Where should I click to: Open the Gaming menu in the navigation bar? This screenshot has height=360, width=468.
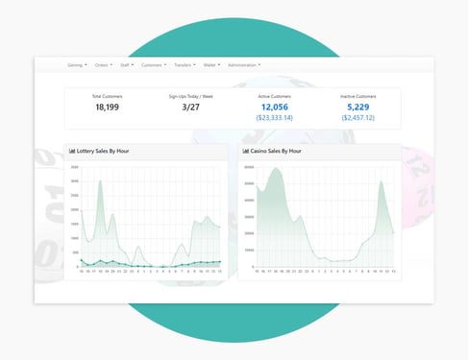point(77,65)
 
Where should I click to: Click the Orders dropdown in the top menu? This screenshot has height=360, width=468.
point(103,65)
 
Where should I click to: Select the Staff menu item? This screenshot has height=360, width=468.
point(127,65)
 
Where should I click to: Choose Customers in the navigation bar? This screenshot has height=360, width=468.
point(153,65)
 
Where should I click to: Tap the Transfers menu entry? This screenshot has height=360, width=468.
point(184,65)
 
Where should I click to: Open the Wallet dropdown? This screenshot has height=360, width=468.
point(210,65)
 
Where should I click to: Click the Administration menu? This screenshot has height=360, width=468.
point(244,65)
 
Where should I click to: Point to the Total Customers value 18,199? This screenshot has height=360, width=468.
point(108,108)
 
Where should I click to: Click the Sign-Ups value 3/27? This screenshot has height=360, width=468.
point(191,108)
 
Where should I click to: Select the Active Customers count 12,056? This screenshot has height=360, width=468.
point(274,108)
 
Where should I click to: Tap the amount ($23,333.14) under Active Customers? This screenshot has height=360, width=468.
point(274,118)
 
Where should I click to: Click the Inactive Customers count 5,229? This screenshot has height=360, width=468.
point(357,108)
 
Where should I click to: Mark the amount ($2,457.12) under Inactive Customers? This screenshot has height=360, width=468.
point(357,118)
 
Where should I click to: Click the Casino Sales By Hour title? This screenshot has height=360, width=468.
point(279,151)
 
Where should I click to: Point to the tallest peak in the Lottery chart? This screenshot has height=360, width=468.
point(101,181)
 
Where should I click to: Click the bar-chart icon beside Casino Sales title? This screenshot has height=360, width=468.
point(246,151)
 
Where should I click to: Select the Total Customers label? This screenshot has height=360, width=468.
point(108,97)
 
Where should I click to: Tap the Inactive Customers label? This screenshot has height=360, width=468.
point(357,97)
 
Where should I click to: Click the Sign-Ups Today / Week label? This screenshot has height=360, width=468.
point(191,97)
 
